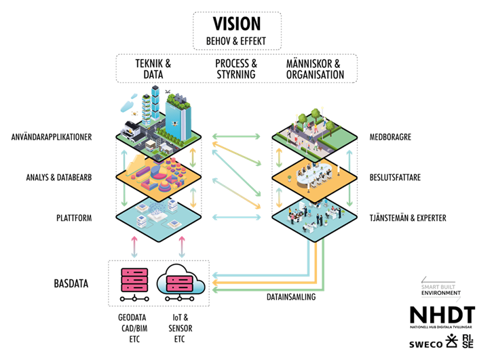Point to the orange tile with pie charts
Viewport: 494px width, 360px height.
tap(159, 174)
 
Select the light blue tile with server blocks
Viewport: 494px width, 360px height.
tap(159, 216)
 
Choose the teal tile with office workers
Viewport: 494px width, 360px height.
tap(314, 216)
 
